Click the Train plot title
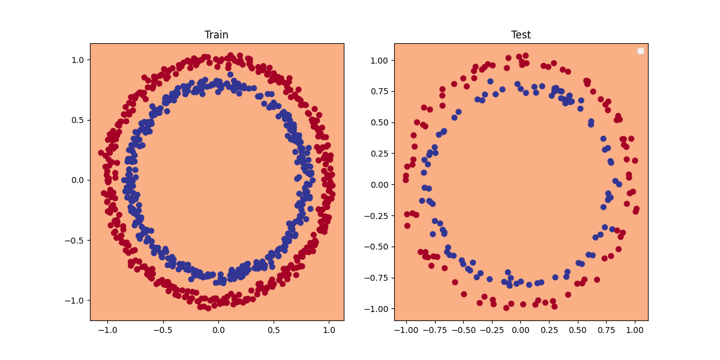217,35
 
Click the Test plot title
521,35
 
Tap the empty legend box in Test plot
640,51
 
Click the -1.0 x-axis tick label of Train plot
107,329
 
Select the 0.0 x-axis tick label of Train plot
218,329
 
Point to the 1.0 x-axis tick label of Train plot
329,329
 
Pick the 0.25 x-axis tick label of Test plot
550,329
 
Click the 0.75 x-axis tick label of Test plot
607,329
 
